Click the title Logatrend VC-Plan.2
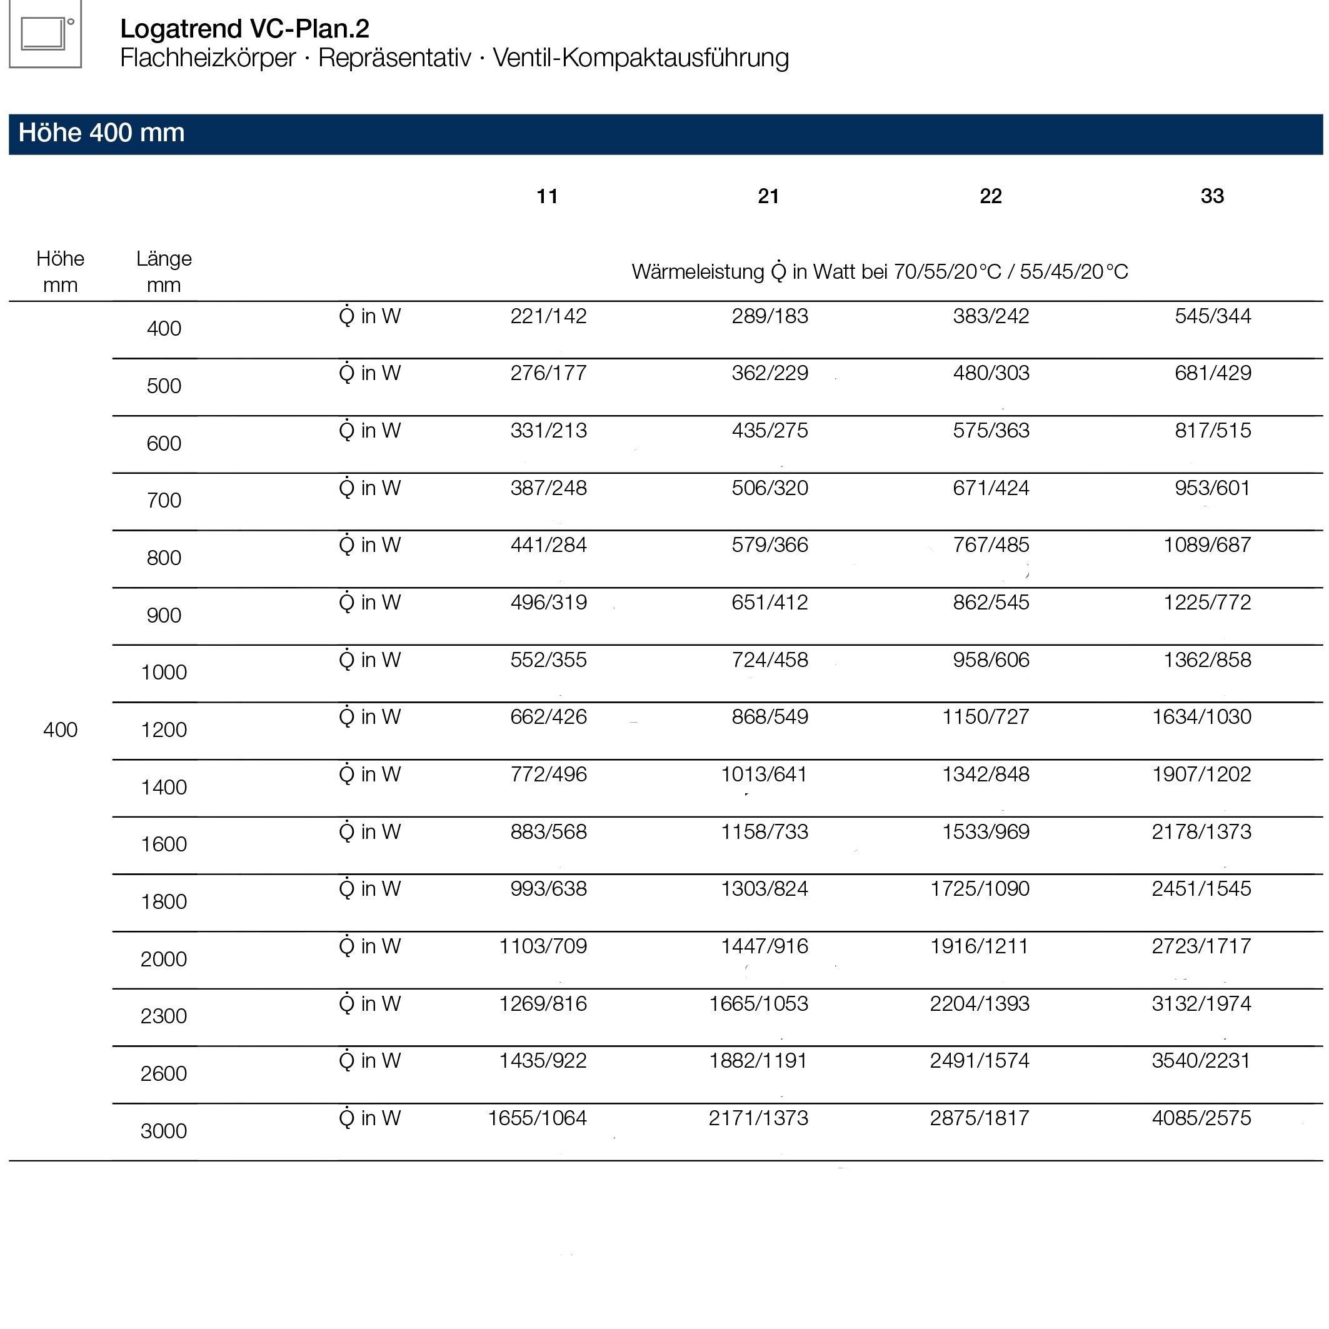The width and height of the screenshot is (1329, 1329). click(x=244, y=28)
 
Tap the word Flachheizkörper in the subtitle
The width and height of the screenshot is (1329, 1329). click(x=208, y=58)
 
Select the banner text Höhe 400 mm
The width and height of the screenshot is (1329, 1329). click(x=101, y=133)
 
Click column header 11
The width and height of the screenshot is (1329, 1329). click(x=547, y=196)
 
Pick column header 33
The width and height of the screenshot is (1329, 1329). click(x=1212, y=196)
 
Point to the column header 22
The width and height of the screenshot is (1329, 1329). click(x=991, y=196)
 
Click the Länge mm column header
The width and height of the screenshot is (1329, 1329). click(x=164, y=272)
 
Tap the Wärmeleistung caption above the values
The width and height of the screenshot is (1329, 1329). click(x=880, y=271)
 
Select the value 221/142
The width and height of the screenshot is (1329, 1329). click(x=548, y=316)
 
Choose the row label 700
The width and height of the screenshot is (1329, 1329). click(x=164, y=500)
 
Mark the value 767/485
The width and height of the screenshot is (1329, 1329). click(x=991, y=545)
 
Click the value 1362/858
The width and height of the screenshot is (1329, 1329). click(x=1206, y=659)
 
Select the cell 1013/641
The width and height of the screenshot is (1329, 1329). click(x=763, y=774)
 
